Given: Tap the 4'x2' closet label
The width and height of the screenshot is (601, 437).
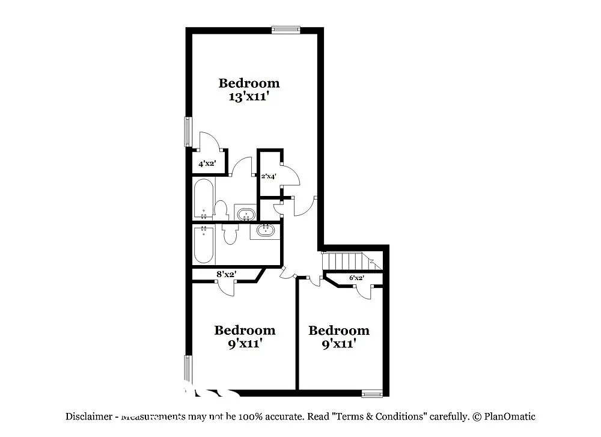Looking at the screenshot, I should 207,163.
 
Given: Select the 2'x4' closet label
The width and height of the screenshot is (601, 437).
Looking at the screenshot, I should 267,177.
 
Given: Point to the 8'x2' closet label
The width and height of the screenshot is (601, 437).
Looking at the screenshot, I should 226,275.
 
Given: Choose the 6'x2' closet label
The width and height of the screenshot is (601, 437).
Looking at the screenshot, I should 356,278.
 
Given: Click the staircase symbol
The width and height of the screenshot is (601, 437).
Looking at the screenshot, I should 348,261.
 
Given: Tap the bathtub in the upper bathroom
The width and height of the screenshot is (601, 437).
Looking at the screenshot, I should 204,199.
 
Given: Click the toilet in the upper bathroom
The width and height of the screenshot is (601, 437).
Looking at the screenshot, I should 221,210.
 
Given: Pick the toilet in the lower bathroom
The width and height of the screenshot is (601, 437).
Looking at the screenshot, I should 229,234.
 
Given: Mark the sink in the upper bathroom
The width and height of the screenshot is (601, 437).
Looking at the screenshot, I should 245,213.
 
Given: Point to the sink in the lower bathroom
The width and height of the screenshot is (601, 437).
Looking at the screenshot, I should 265,230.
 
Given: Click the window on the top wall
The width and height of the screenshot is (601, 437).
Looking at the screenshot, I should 285,29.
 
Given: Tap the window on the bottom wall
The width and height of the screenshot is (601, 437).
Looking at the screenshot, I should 372,394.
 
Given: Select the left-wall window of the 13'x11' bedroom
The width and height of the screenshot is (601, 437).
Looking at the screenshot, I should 188,131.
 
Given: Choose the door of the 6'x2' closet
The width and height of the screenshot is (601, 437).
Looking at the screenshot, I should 363,292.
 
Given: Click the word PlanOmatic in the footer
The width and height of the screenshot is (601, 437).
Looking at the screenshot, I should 509,416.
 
